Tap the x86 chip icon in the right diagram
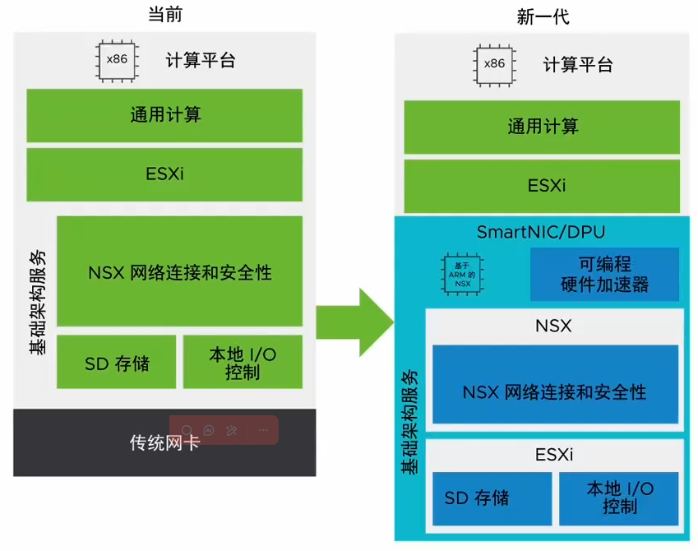pos(494,64)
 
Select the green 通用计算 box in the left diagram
pos(164,115)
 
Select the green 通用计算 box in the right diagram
pos(542,127)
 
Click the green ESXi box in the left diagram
pos(164,174)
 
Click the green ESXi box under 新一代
pos(542,186)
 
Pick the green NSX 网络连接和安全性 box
pos(179,271)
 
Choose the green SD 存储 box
pos(116,362)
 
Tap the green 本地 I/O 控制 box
pos(243,362)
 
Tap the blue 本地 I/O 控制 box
pos(619,497)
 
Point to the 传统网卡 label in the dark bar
pos(164,442)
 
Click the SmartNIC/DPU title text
pos(541,232)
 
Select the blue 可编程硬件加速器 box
pos(604,275)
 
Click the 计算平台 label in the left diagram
pos(201,61)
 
